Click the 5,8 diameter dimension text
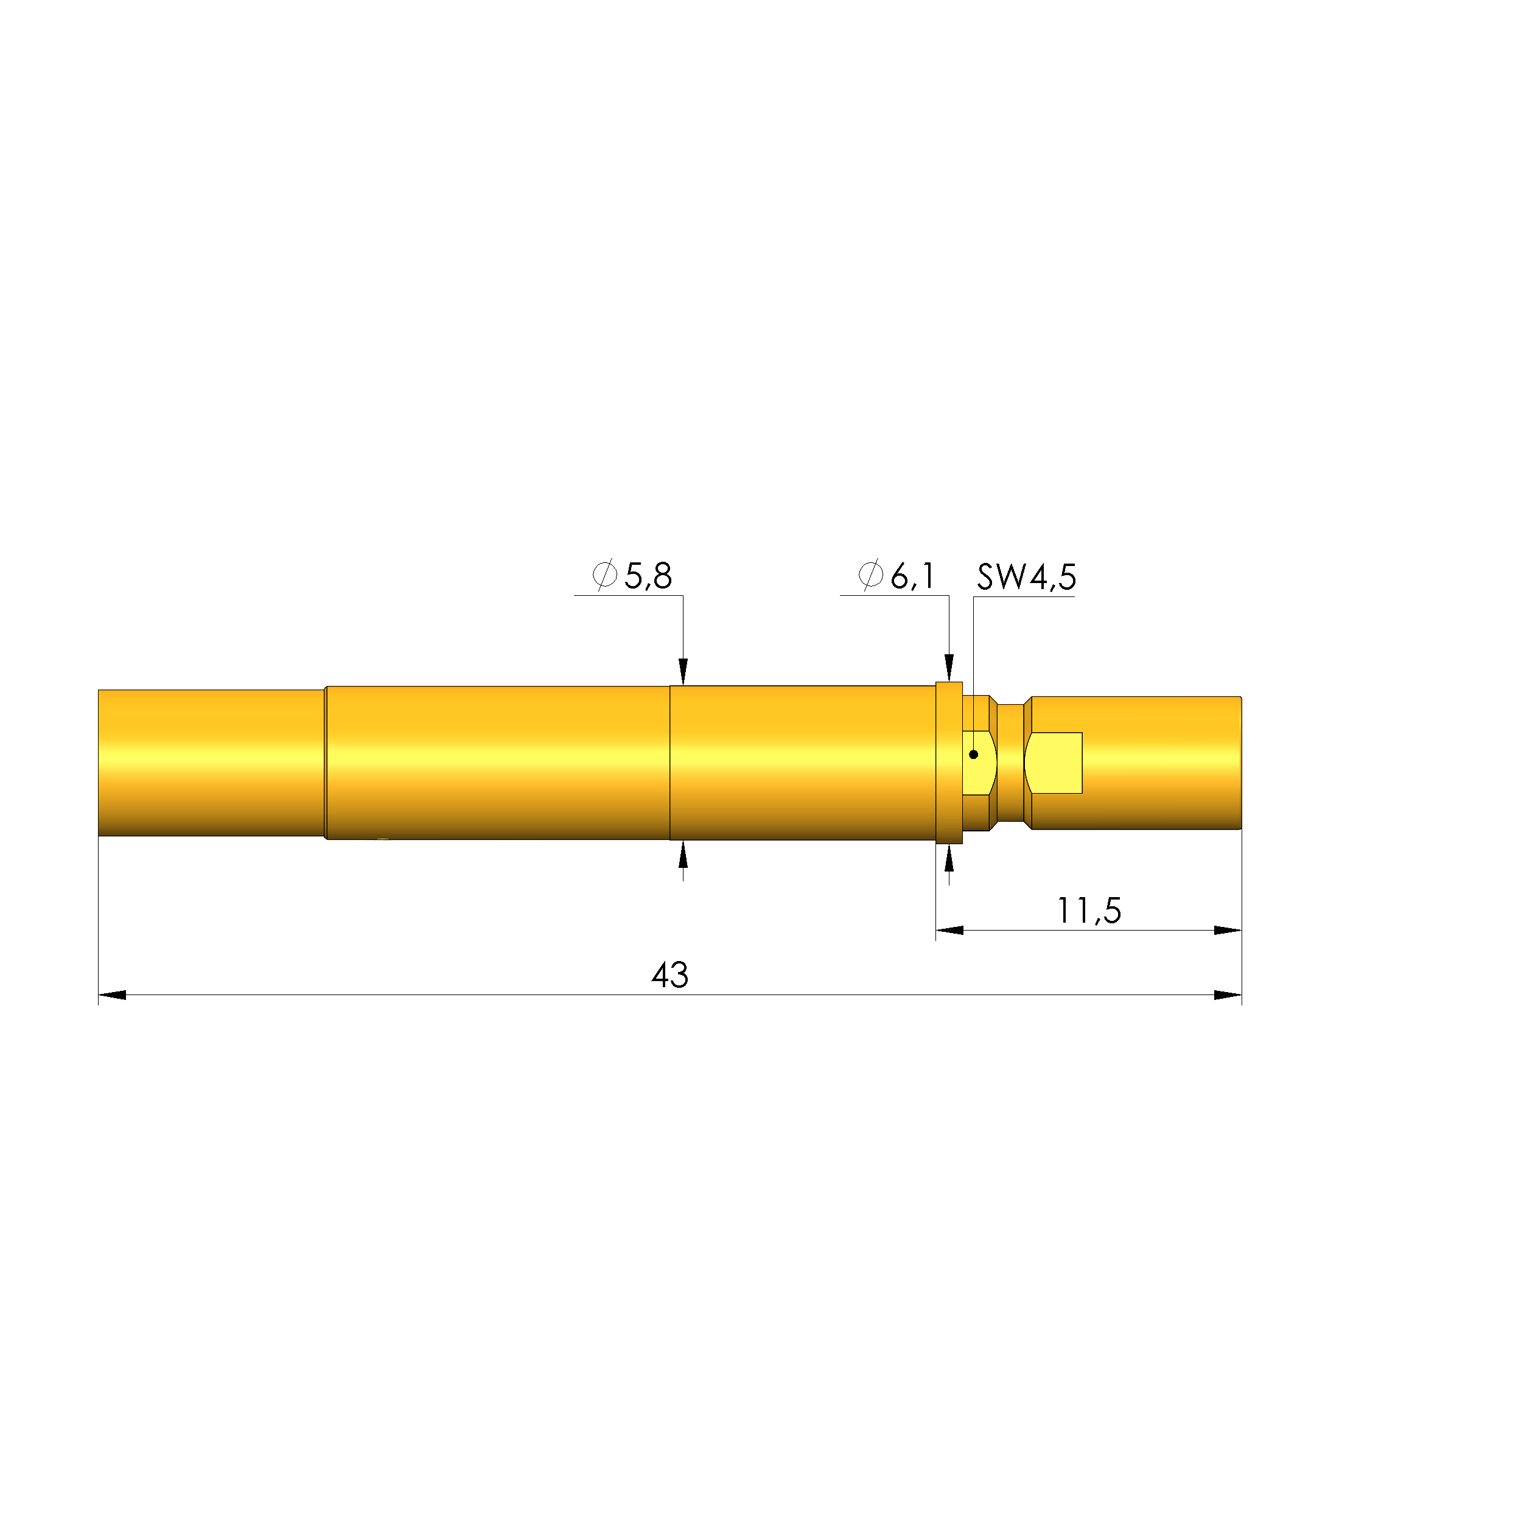point(648,576)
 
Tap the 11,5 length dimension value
point(1089,911)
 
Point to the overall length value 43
point(669,976)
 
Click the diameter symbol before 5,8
point(604,575)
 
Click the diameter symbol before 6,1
point(870,575)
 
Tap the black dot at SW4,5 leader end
point(973,755)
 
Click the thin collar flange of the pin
point(949,763)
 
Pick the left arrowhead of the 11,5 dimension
point(949,931)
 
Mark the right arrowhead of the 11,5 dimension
point(1228,931)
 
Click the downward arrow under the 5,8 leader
point(683,671)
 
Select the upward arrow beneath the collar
point(949,858)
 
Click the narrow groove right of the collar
point(1010,763)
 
